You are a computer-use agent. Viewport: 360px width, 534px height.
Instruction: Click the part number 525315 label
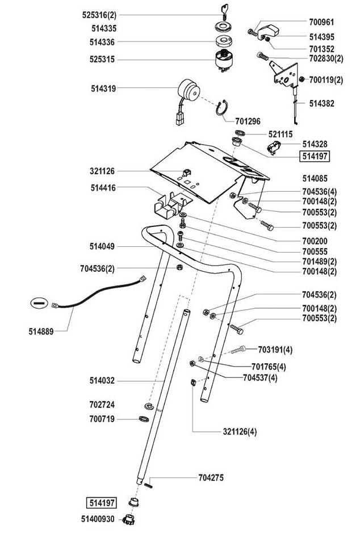click(x=103, y=58)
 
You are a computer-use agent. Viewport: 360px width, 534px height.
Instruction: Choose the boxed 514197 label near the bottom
click(x=101, y=502)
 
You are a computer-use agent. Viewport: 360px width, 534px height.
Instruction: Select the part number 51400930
click(x=98, y=519)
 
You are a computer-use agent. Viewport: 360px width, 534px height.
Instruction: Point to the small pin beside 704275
click(x=149, y=483)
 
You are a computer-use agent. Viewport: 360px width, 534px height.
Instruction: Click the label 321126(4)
click(x=239, y=431)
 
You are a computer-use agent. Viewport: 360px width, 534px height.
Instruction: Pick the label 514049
click(x=102, y=246)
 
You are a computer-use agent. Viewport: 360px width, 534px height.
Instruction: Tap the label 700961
click(x=321, y=23)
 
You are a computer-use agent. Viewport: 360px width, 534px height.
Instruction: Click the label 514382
click(x=321, y=103)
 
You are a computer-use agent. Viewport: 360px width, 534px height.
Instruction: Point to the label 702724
click(x=103, y=405)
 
